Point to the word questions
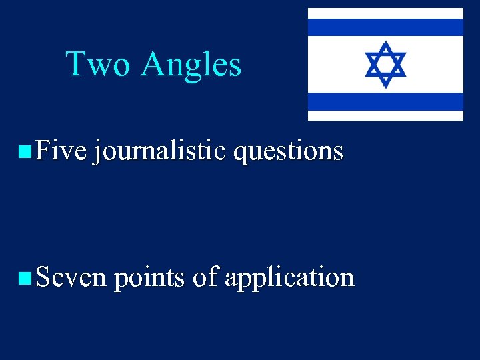click(288, 152)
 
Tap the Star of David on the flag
click(385, 64)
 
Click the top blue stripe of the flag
click(385, 27)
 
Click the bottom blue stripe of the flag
click(385, 101)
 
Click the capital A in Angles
click(155, 65)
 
